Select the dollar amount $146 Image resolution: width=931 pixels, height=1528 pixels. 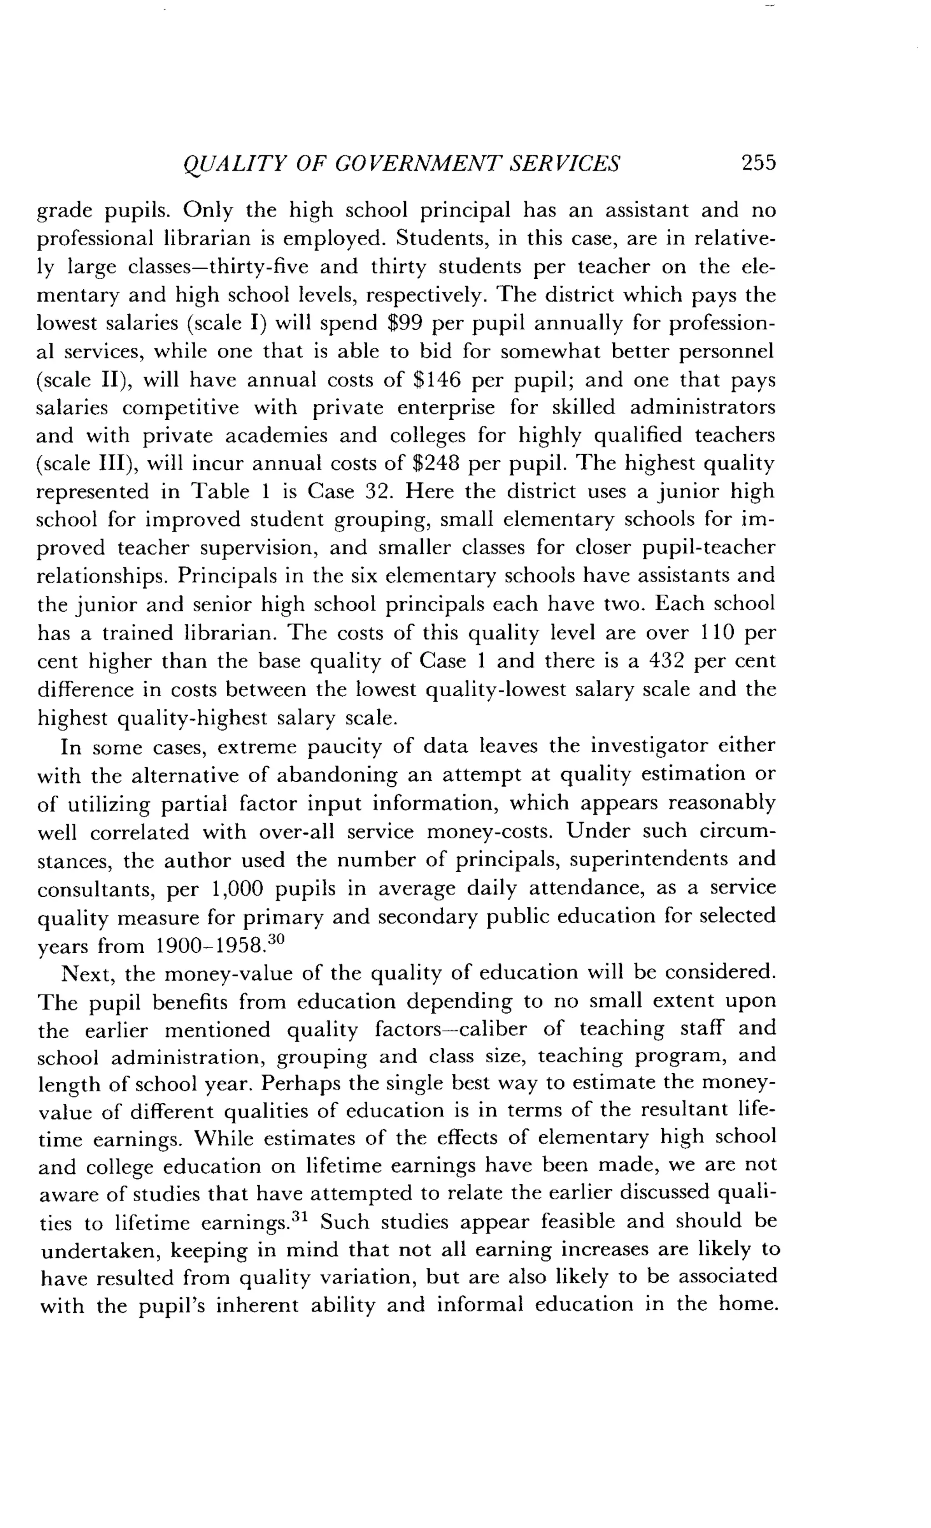[x=436, y=380]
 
